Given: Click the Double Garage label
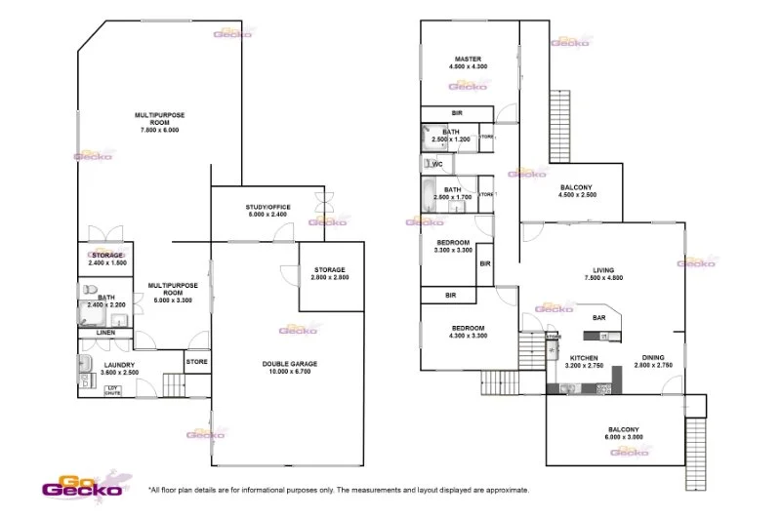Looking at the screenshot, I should (x=290, y=364).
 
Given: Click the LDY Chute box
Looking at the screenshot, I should (x=114, y=390).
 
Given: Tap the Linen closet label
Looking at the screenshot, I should (x=105, y=333).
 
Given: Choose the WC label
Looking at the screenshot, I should (x=437, y=164).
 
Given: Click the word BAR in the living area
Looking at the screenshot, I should (x=600, y=318).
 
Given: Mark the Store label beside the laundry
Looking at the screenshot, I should (x=196, y=363).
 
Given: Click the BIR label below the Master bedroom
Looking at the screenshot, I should (x=456, y=113).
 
